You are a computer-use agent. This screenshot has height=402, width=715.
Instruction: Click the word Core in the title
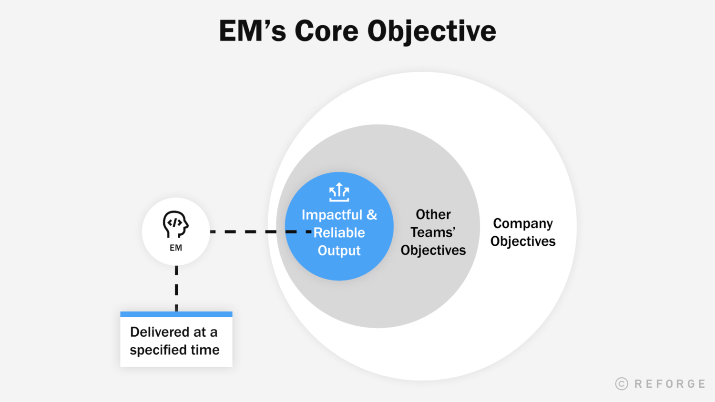coord(326,31)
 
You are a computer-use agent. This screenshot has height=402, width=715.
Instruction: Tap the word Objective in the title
coord(431,31)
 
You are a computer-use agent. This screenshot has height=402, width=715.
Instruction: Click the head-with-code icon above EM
coord(175,224)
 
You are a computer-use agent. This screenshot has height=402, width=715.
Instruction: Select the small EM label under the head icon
coord(176,248)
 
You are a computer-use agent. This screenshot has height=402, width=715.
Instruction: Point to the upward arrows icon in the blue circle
coord(339,192)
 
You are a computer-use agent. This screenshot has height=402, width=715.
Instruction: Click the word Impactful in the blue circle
coord(332,215)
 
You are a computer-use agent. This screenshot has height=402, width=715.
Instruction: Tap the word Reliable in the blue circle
coord(339,232)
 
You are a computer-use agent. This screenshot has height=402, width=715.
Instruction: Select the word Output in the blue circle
coord(339,251)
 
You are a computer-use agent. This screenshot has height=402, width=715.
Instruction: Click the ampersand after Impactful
coord(372,215)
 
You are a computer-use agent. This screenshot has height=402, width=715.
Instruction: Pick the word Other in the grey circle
coord(433,214)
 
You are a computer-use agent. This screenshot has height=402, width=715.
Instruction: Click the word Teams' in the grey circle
coord(433,232)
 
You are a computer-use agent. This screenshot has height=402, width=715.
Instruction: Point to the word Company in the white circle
coord(523,223)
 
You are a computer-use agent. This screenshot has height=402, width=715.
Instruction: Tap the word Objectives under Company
coord(523,241)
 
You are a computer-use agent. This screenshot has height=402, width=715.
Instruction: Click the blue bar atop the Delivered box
coord(176,314)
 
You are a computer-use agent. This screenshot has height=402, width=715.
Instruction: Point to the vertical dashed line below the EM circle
coord(176,288)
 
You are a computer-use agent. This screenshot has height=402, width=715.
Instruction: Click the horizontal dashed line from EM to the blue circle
coord(248,231)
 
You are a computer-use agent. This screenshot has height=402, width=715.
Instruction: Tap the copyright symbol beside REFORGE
coord(622,384)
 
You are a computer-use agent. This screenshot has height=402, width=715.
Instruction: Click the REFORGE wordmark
coord(670,384)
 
